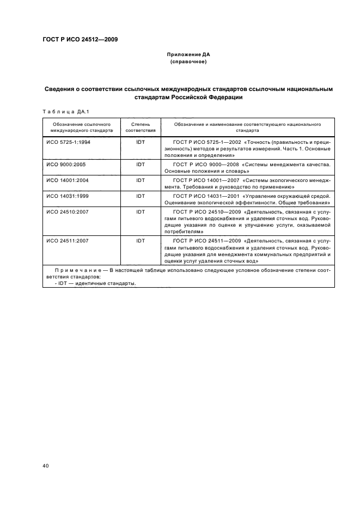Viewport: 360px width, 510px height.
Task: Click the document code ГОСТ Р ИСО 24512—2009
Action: click(80, 39)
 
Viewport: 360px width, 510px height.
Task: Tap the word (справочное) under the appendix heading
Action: click(187, 62)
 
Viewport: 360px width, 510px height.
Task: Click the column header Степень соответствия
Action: click(141, 127)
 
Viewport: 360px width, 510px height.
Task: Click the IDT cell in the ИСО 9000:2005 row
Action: click(141, 163)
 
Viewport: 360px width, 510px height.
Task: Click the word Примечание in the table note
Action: click(75, 270)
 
